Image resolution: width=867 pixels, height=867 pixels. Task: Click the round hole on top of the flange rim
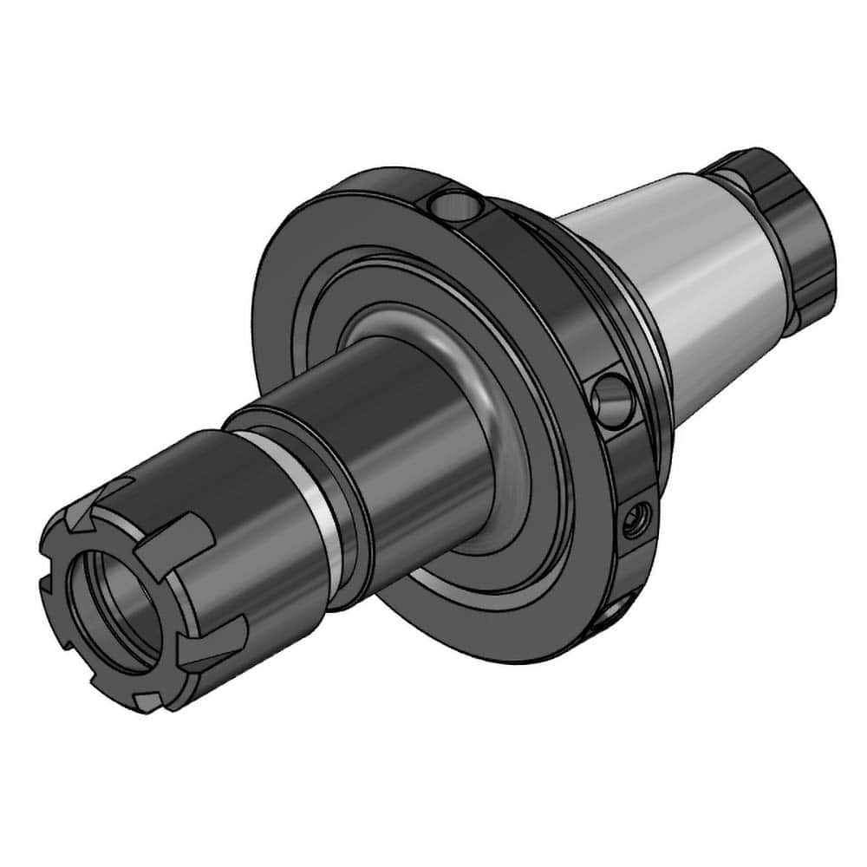click(x=453, y=206)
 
